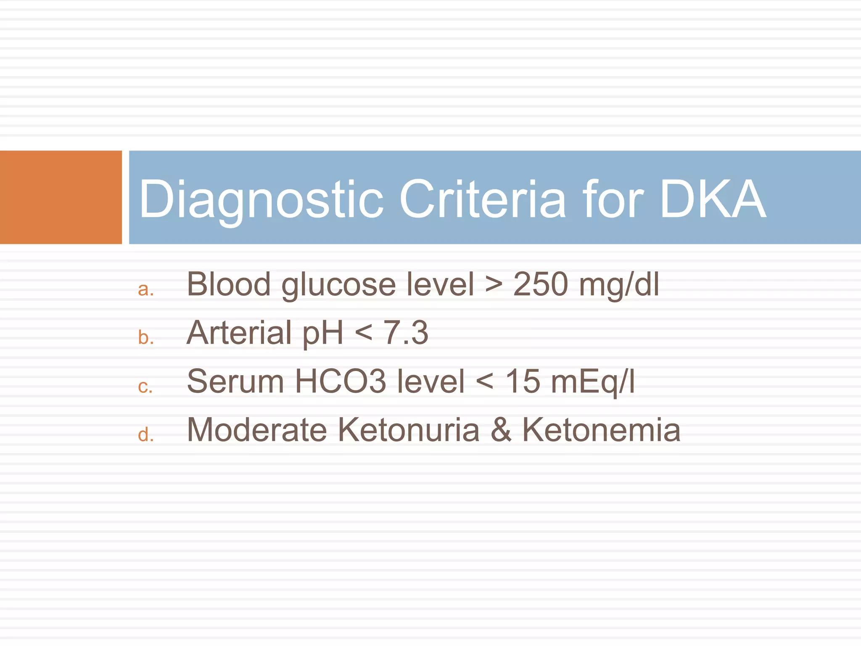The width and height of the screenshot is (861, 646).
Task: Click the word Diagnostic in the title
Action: click(261, 199)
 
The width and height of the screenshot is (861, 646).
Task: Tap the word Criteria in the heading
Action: click(483, 199)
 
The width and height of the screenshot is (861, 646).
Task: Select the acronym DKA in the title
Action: click(713, 199)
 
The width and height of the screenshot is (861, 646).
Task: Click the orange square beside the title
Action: click(61, 197)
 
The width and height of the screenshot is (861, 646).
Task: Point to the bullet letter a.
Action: click(145, 289)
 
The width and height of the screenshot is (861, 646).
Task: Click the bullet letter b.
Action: click(145, 337)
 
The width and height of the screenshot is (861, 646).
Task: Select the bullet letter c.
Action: click(145, 387)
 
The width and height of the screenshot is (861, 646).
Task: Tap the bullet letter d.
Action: click(145, 434)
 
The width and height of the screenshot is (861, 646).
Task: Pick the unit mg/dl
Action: click(619, 285)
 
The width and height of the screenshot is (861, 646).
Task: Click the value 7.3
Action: click(406, 333)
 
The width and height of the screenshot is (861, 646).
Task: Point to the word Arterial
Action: click(239, 333)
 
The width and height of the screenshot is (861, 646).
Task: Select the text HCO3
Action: click(340, 381)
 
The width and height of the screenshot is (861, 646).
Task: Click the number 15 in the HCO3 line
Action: click(523, 381)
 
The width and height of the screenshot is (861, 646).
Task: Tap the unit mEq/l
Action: click(593, 381)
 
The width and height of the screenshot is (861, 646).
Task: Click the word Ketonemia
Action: click(601, 430)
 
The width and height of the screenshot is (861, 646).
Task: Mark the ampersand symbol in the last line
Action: click(501, 430)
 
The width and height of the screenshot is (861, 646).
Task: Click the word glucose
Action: click(338, 285)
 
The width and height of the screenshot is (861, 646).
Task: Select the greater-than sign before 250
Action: click(494, 285)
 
